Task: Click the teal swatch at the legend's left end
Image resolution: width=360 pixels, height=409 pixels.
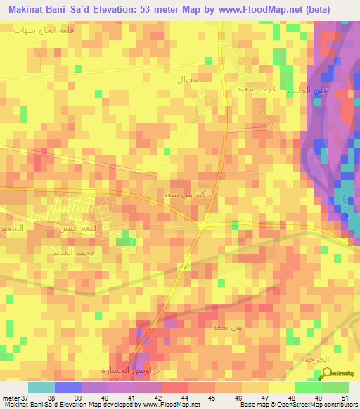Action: [x=41, y=387]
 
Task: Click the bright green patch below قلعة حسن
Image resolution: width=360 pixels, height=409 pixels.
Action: [x=125, y=241]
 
